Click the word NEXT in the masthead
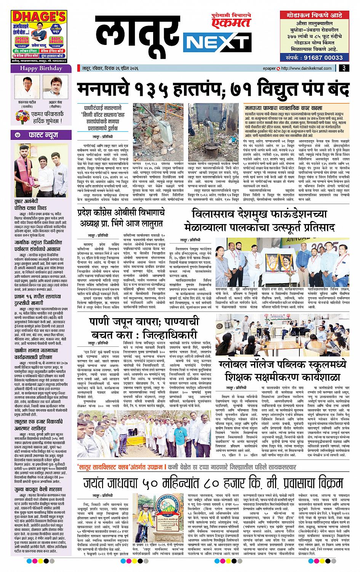coord(216,41)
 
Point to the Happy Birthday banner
coord(41,68)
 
